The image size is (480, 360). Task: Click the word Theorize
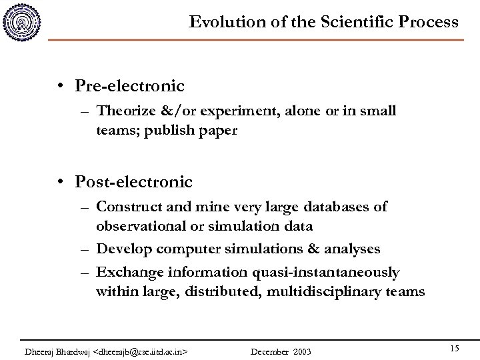click(122, 111)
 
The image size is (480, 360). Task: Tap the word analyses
click(353, 249)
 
